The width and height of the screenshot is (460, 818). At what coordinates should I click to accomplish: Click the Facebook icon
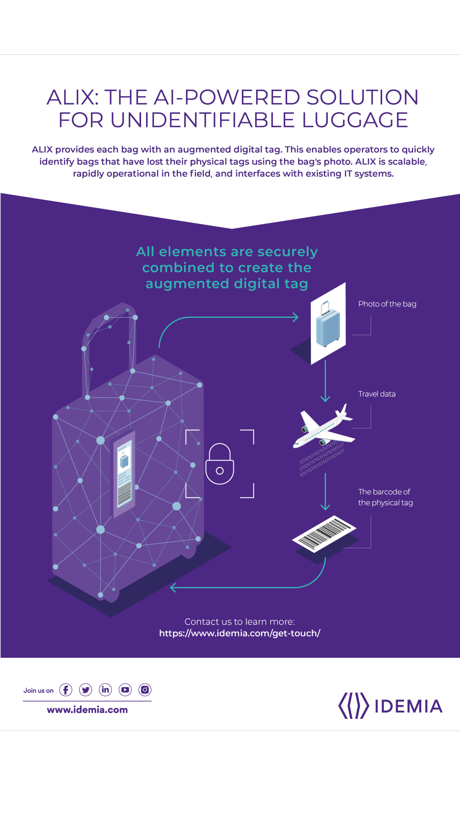[66, 690]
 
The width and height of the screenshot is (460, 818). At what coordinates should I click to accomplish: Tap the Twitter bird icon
[85, 690]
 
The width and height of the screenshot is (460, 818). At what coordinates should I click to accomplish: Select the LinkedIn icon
[105, 690]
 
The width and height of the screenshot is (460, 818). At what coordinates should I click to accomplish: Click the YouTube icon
[125, 690]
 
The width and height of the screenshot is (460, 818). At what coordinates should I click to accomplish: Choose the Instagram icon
[145, 690]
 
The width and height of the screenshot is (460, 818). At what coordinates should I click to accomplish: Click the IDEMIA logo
[390, 706]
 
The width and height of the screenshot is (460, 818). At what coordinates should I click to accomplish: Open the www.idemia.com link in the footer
[87, 710]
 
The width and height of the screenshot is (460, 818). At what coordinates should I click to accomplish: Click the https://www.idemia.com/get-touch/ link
[240, 633]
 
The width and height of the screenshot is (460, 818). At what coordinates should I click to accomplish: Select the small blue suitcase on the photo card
[327, 325]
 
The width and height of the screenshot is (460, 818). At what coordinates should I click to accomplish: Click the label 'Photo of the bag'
[387, 304]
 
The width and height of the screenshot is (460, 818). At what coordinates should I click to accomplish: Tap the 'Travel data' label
[377, 394]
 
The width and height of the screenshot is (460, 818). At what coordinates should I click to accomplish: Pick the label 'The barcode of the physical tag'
[385, 497]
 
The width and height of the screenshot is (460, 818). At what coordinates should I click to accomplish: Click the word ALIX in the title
[73, 97]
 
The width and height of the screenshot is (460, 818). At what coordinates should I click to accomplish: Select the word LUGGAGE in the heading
[355, 120]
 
